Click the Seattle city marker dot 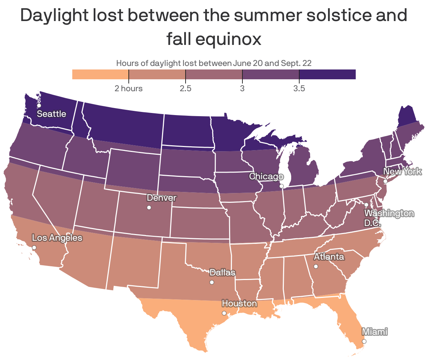[x=39, y=105]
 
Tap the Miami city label [x=374, y=332]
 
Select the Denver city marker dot [x=149, y=208]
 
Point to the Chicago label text [x=266, y=176]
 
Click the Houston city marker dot [x=224, y=313]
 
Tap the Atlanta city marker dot [x=316, y=266]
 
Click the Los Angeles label [x=57, y=238]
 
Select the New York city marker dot [x=385, y=181]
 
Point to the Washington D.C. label [x=389, y=218]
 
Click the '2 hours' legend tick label [x=129, y=88]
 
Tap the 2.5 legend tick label [x=186, y=88]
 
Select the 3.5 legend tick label [x=299, y=88]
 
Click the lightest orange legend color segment [x=100, y=74]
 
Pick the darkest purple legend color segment [x=327, y=74]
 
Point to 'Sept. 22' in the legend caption [x=296, y=63]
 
